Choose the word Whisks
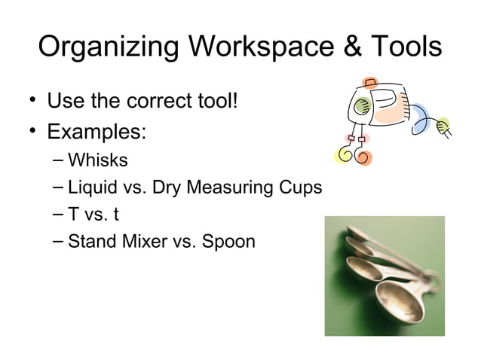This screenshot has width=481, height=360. [x=97, y=160]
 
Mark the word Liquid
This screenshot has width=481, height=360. [x=91, y=188]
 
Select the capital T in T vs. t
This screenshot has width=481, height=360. [x=74, y=215]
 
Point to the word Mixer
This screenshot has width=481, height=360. [x=140, y=242]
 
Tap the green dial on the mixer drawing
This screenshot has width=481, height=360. [x=363, y=105]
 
